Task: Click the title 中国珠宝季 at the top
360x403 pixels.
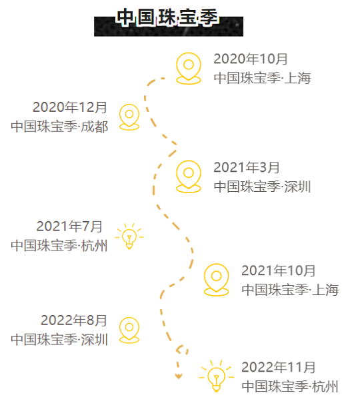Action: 167,17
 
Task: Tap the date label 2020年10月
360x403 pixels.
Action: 251,59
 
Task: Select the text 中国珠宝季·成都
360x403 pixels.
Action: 59,127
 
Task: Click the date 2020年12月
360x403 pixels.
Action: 70,107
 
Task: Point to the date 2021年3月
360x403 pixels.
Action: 247,167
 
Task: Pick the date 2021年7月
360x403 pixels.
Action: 69,226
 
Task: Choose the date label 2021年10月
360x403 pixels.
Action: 279,270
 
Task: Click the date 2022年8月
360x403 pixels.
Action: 74,320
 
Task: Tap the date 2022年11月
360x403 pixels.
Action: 279,367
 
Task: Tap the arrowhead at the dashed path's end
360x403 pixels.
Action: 179,376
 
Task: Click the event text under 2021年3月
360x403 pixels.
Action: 263,187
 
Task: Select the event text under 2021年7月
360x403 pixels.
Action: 59,245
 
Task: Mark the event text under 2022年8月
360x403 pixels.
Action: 59,339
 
